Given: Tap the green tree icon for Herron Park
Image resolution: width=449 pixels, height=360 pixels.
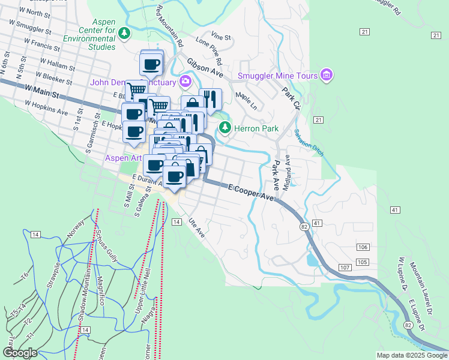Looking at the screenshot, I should click(x=225, y=127).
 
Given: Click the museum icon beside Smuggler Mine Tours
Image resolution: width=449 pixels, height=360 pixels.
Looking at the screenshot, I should click(x=327, y=74).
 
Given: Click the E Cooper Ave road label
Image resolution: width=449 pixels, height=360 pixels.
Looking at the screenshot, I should click(x=251, y=192).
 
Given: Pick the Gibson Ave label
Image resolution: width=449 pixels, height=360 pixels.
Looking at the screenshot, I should click(x=205, y=67).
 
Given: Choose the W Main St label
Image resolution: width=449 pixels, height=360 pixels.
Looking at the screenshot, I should click(x=42, y=91).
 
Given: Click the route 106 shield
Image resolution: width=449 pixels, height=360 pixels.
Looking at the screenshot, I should click(x=362, y=248).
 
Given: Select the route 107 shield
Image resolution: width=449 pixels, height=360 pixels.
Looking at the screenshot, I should click(x=344, y=266).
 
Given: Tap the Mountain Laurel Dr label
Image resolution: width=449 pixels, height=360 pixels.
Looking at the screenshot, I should click(x=421, y=288).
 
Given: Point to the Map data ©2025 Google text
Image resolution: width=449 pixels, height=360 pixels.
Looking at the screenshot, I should click(x=411, y=355).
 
